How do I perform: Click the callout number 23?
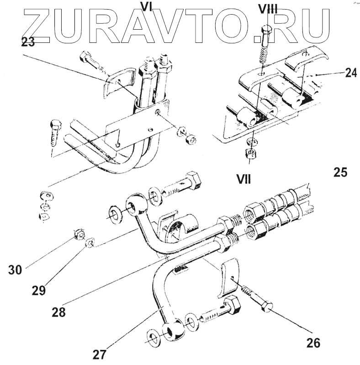tap(28, 42)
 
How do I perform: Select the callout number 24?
tap(350, 72)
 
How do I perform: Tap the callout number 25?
tap(340, 172)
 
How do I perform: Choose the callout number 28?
tap(58, 313)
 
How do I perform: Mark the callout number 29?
tap(38, 290)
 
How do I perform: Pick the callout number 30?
tap(15, 270)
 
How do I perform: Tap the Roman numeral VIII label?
tap(267, 8)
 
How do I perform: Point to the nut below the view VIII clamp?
tap(251, 154)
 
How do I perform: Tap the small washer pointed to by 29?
tap(90, 242)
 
